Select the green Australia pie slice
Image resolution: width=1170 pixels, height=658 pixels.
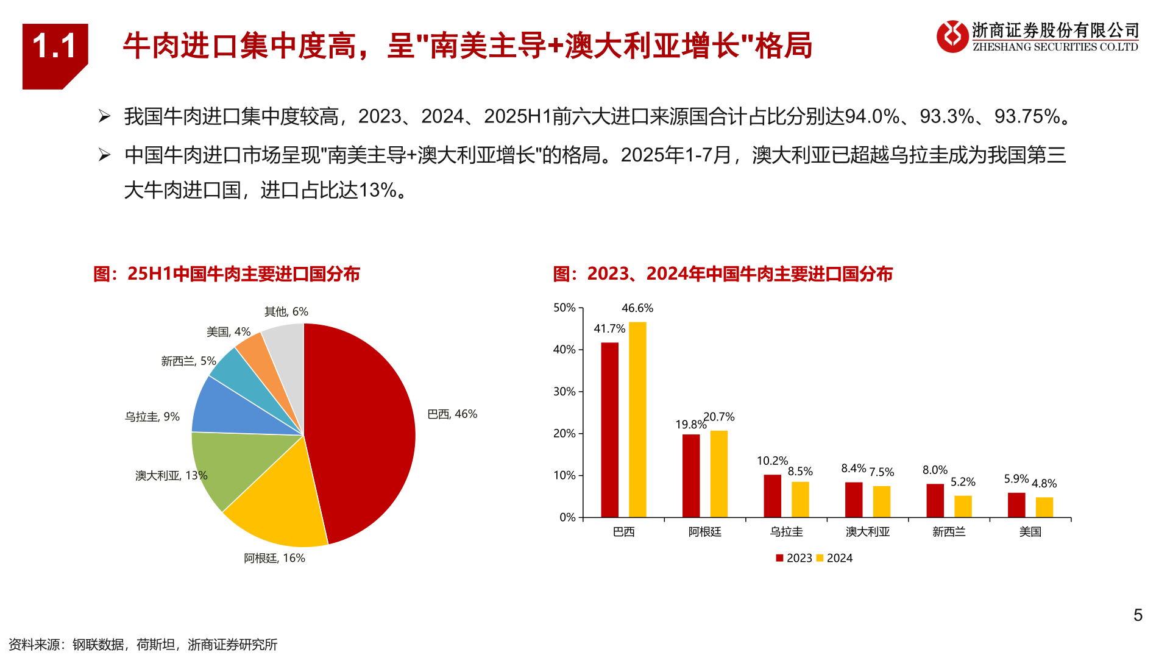tap(229, 466)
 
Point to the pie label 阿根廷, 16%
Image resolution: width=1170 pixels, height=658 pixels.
tap(274, 558)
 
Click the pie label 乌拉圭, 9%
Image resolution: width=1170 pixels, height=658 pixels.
tap(152, 417)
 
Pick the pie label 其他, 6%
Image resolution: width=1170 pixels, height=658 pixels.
tap(286, 311)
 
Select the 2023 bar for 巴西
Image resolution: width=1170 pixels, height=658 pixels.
tap(609, 430)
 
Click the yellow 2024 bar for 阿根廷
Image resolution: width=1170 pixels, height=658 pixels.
tap(718, 474)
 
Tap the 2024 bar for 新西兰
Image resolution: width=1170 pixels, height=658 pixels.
tap(963, 506)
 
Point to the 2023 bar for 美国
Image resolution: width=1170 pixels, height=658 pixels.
tap(1016, 505)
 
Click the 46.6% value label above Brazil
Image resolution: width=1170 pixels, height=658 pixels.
tap(637, 308)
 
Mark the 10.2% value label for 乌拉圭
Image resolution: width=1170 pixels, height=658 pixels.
tap(772, 461)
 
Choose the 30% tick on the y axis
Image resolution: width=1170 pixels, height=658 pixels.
tap(564, 391)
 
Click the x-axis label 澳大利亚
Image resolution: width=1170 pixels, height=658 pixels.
tap(868, 532)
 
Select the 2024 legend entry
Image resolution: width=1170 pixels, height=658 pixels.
tap(835, 558)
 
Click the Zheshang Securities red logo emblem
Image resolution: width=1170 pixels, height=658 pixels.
tap(952, 37)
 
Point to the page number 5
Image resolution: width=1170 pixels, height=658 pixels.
tap(1138, 615)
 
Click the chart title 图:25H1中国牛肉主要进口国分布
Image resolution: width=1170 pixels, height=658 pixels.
tap(227, 274)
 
